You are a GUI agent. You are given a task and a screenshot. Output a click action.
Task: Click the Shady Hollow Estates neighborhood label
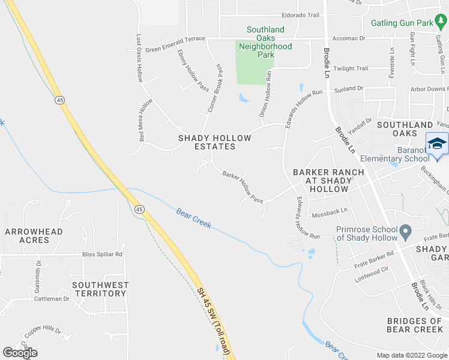click(214, 142)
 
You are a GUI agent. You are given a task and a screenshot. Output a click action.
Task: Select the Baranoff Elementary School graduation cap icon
click(437, 145)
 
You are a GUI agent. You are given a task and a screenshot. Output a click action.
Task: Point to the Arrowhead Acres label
click(26, 235)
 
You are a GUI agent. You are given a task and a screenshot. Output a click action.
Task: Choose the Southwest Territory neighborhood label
click(100, 289)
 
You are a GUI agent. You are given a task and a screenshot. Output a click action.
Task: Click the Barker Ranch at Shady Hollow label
click(328, 181)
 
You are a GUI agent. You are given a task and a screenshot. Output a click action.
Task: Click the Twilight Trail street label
click(351, 68)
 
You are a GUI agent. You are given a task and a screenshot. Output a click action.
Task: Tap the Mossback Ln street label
click(329, 212)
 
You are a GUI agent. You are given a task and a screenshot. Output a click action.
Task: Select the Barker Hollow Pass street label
click(243, 187)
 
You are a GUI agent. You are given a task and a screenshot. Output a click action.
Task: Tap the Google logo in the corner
click(20, 353)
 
